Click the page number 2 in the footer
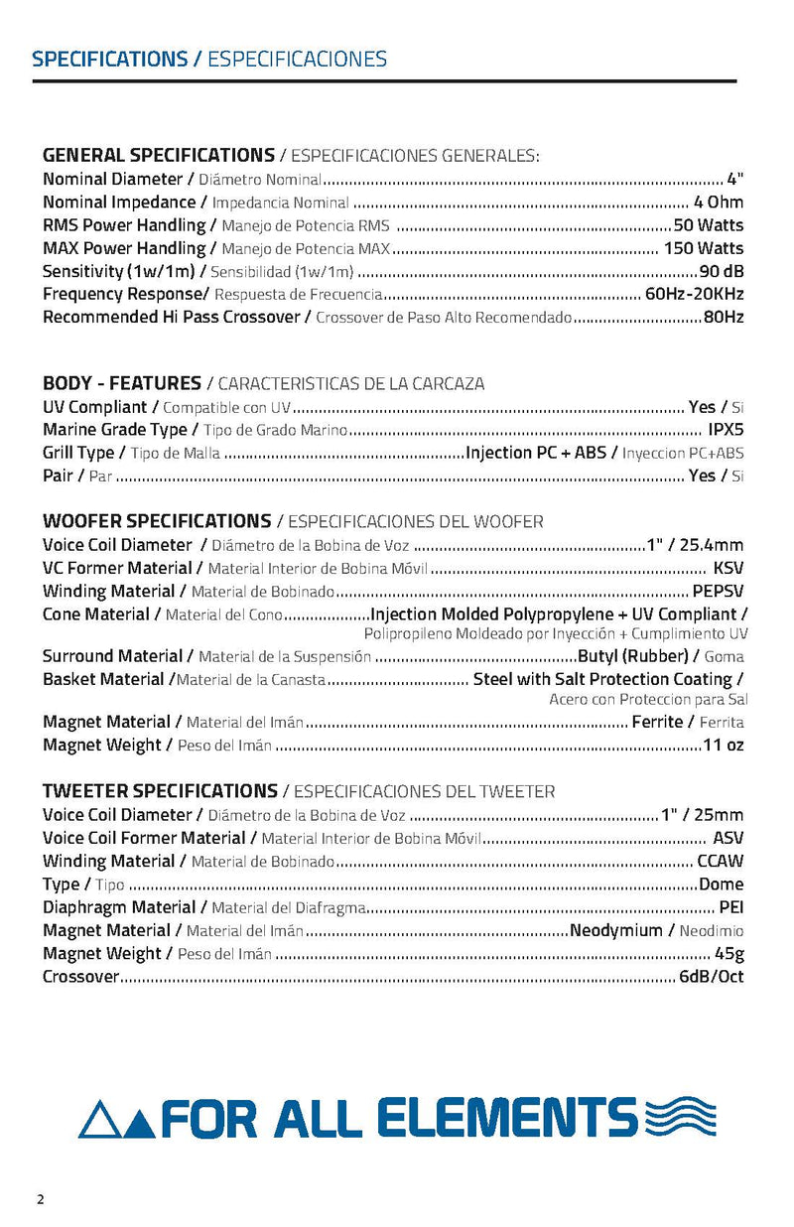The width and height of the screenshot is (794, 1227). coord(41,1198)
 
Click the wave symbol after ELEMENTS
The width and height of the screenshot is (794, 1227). coord(680,1116)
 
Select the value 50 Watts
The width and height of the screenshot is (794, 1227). coord(708,225)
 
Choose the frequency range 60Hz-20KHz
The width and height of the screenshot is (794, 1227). coord(694,294)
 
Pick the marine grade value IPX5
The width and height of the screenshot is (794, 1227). coord(725,430)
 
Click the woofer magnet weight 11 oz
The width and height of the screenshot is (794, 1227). coord(723,746)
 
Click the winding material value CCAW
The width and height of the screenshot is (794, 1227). coord(721,862)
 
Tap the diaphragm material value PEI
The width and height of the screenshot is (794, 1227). coord(731,907)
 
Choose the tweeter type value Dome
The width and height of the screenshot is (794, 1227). coord(722,885)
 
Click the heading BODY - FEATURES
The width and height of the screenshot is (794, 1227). coord(121,383)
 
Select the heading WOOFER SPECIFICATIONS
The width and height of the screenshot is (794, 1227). coord(157,521)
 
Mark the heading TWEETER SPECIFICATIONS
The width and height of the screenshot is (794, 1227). coord(160,791)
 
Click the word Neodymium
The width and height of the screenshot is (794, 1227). coord(615,931)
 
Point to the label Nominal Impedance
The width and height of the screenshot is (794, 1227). coord(119,203)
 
